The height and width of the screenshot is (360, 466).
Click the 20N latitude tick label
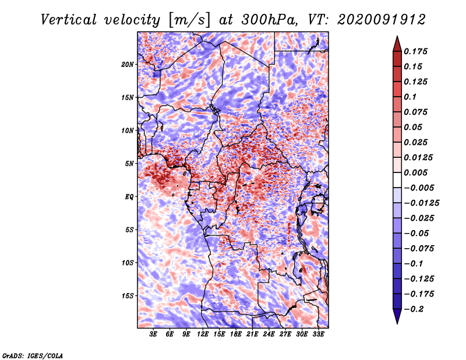click(127, 65)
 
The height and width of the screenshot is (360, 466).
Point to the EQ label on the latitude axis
click(129, 197)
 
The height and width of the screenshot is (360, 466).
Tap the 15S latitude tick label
click(128, 296)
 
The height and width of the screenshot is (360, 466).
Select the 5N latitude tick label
click(129, 164)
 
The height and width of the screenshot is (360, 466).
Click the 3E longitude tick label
click(153, 334)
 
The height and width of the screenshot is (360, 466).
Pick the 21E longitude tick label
click(252, 334)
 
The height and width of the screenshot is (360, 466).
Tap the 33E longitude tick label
click(318, 334)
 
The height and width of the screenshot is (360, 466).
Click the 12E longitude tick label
click(202, 334)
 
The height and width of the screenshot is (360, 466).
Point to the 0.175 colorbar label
click(415, 51)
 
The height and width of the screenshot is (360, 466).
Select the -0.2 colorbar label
click(414, 309)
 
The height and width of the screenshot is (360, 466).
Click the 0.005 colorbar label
click(415, 172)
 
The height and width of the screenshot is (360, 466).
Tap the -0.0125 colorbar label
click(421, 203)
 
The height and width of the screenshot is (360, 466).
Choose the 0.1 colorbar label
click(410, 97)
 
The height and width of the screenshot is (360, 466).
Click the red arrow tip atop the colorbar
click(397, 37)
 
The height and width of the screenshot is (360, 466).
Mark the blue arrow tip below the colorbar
click(397, 323)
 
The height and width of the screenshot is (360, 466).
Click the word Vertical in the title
click(69, 20)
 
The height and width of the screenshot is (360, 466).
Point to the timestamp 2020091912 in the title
click(382, 20)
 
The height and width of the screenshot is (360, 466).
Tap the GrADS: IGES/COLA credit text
click(33, 355)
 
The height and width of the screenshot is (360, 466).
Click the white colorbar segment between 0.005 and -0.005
click(397, 180)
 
